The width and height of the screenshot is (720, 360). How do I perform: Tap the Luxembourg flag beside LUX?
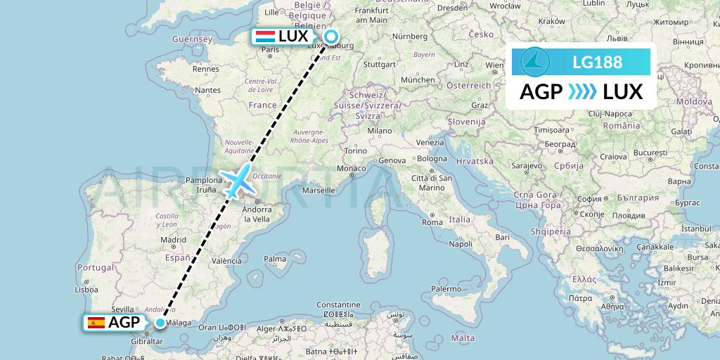click(x=265, y=37)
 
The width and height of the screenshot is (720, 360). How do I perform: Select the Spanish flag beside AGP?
click(x=96, y=323)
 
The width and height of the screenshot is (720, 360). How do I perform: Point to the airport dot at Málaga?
click(x=161, y=323)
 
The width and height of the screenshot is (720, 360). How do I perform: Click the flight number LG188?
click(x=597, y=63)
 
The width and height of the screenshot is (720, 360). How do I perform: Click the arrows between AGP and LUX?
click(x=581, y=91)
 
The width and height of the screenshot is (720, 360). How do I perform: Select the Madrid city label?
click(x=172, y=240)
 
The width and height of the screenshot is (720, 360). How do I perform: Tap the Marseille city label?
click(x=319, y=190)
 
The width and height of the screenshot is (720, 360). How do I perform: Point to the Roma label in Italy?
click(x=432, y=222)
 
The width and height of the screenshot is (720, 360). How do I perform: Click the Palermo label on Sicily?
click(x=446, y=288)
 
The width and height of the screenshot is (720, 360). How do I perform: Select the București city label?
click(x=649, y=153)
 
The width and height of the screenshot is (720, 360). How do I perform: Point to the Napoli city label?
click(x=461, y=244)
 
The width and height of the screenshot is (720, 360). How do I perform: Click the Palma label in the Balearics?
click(x=275, y=259)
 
